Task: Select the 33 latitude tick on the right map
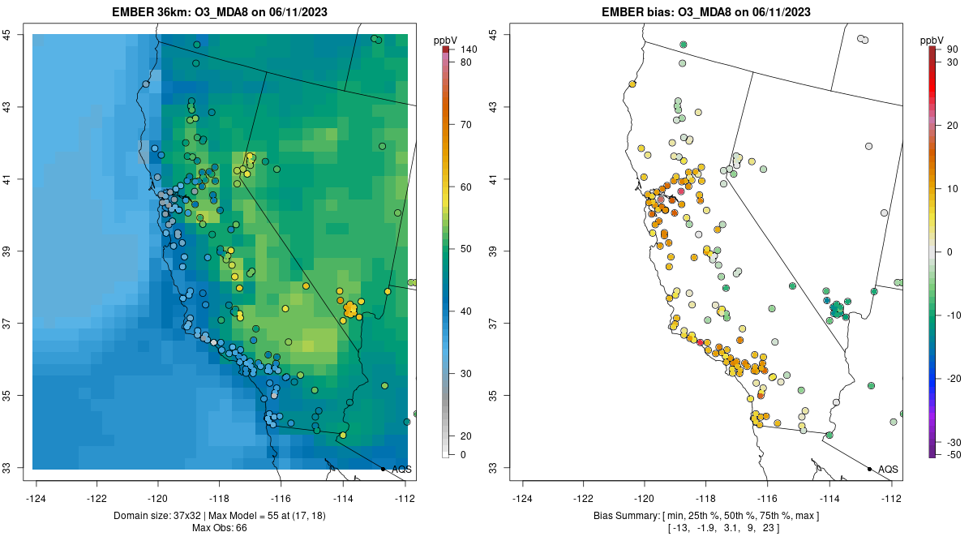pos(491,468)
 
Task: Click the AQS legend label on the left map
pos(401,469)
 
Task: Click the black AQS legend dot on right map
pos(869,469)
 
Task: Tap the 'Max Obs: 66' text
pos(220,528)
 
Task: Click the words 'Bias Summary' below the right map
pos(624,516)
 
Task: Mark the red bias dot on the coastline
pos(700,342)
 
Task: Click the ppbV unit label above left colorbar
pos(446,40)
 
